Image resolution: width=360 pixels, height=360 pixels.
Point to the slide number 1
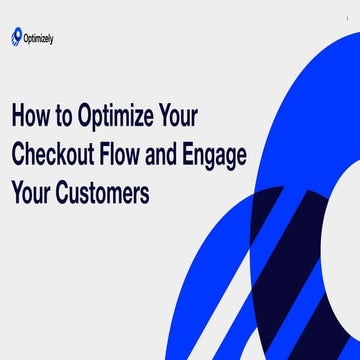coord(346,17)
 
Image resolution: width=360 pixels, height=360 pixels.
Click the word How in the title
coord(32,117)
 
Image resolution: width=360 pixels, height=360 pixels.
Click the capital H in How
coord(19,117)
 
